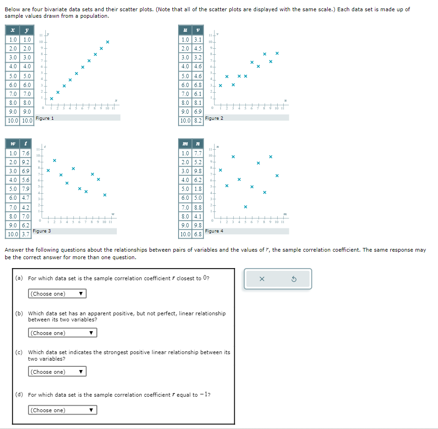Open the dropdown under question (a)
click(57, 294)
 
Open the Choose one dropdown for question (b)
click(62, 333)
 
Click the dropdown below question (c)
click(57, 372)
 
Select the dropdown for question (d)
click(62, 410)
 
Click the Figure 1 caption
click(45, 118)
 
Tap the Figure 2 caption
click(215, 118)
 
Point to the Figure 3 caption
click(42, 231)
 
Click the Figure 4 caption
click(215, 231)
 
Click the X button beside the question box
click(261, 279)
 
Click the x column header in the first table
click(12, 30)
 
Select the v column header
click(198, 30)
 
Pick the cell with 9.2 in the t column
click(26, 162)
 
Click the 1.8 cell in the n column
click(198, 189)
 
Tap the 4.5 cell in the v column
click(198, 48)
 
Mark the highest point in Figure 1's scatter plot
click(108, 42)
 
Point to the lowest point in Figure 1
click(51, 99)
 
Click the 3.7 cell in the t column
click(26, 233)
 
